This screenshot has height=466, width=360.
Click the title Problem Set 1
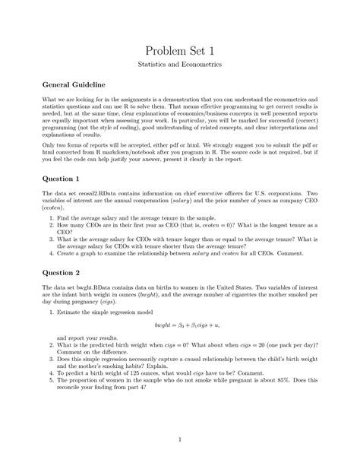coord(179,51)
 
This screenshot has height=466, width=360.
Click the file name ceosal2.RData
coord(99,194)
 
